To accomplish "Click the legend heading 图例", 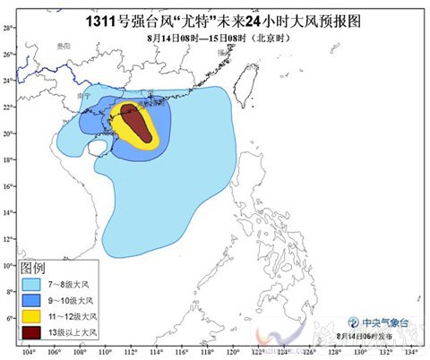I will click(x=33, y=269).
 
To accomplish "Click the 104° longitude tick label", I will click(x=30, y=352).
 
